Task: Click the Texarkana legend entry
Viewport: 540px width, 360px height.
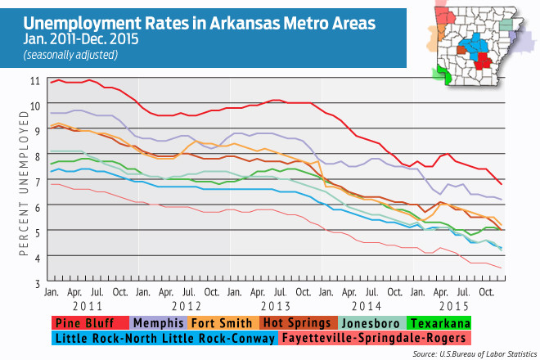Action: pyautogui.click(x=443, y=322)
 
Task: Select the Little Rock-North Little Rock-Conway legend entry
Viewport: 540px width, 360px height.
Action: pyautogui.click(x=164, y=336)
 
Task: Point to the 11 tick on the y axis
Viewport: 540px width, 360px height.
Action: pyautogui.click(x=33, y=80)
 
